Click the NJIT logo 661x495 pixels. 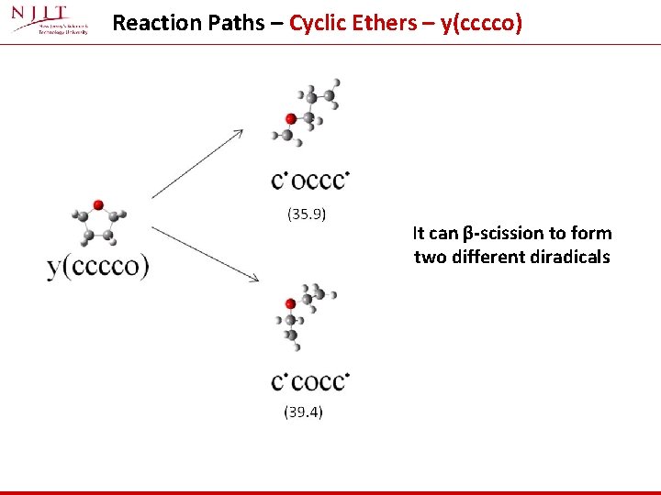(51, 20)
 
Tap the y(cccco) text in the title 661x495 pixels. (481, 23)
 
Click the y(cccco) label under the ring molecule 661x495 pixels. (97, 267)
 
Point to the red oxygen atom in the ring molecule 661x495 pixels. (98, 206)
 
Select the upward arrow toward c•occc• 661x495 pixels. (197, 163)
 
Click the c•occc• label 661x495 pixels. (310, 181)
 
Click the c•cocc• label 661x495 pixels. (310, 380)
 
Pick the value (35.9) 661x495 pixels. (308, 214)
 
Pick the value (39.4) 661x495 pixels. (303, 412)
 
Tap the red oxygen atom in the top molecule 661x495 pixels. (291, 118)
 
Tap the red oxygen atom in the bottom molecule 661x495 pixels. (290, 303)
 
